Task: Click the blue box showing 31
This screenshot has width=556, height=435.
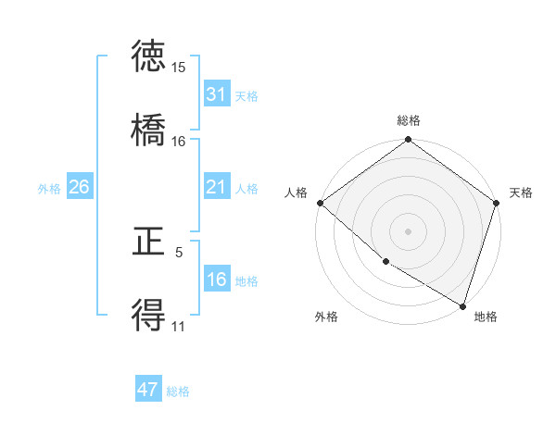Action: pos(216,94)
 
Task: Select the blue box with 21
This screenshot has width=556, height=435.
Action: pos(216,187)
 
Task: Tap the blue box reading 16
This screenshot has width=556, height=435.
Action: pos(216,280)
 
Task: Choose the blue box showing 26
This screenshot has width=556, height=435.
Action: pos(79,187)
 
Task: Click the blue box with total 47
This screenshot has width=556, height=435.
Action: pos(148,390)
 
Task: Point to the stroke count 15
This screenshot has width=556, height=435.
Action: pos(179,68)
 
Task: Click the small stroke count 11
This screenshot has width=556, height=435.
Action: pos(179,326)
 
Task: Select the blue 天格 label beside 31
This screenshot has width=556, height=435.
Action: pos(246,95)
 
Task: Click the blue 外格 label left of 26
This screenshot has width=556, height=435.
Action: pos(49,188)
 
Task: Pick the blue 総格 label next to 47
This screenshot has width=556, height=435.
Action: pos(178,391)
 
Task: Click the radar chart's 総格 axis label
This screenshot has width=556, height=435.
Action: pos(409,120)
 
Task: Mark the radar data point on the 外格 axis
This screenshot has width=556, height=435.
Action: pos(385,262)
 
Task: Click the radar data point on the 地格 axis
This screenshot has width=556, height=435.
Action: pos(462,304)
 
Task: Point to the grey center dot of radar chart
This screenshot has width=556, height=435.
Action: pos(409,230)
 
